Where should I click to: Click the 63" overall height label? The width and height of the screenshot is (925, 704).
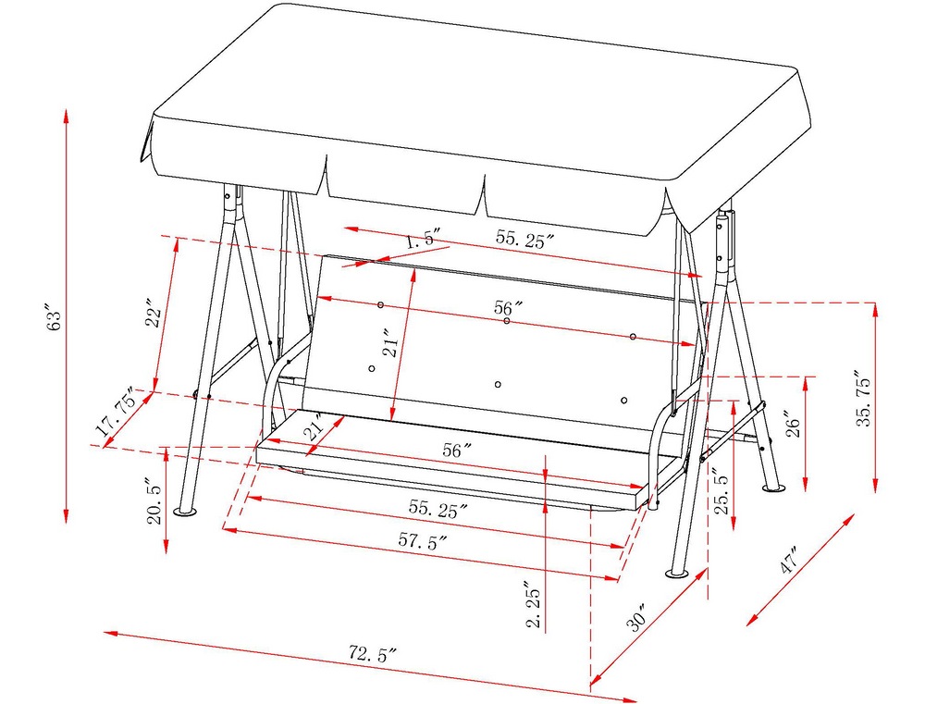[x=55, y=318]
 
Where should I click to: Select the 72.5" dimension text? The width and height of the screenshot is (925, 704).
[x=372, y=654]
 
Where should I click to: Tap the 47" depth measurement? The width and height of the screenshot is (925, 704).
[x=789, y=560]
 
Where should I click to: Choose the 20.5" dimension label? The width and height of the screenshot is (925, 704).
[x=154, y=501]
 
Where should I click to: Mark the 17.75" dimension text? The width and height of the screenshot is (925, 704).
[x=119, y=412]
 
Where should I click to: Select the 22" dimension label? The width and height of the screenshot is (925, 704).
[x=154, y=317]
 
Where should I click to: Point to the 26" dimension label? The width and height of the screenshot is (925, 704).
[x=795, y=424]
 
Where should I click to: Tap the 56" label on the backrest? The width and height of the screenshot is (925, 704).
[x=509, y=307]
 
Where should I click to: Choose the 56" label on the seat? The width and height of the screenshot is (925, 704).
[x=457, y=451]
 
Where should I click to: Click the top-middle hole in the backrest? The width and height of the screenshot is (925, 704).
[x=507, y=320]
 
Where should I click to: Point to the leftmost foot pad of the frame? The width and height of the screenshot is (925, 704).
[x=186, y=511]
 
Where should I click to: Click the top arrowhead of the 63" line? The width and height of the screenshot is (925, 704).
[x=66, y=116]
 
